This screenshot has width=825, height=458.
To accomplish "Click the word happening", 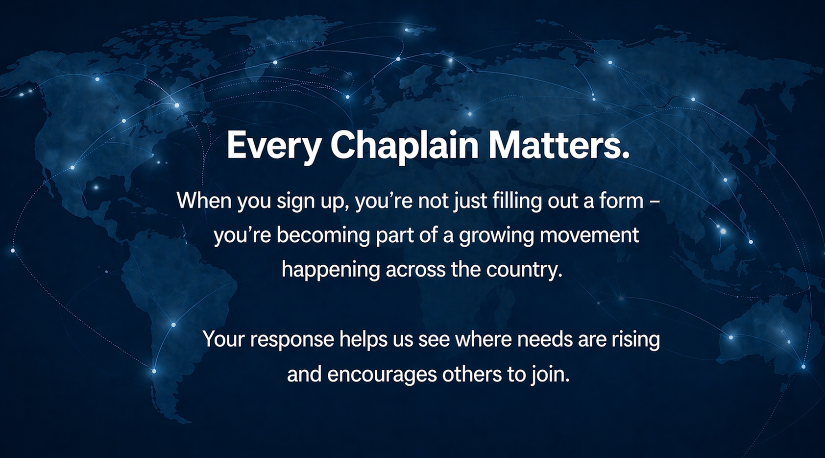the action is coord(331,270).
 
